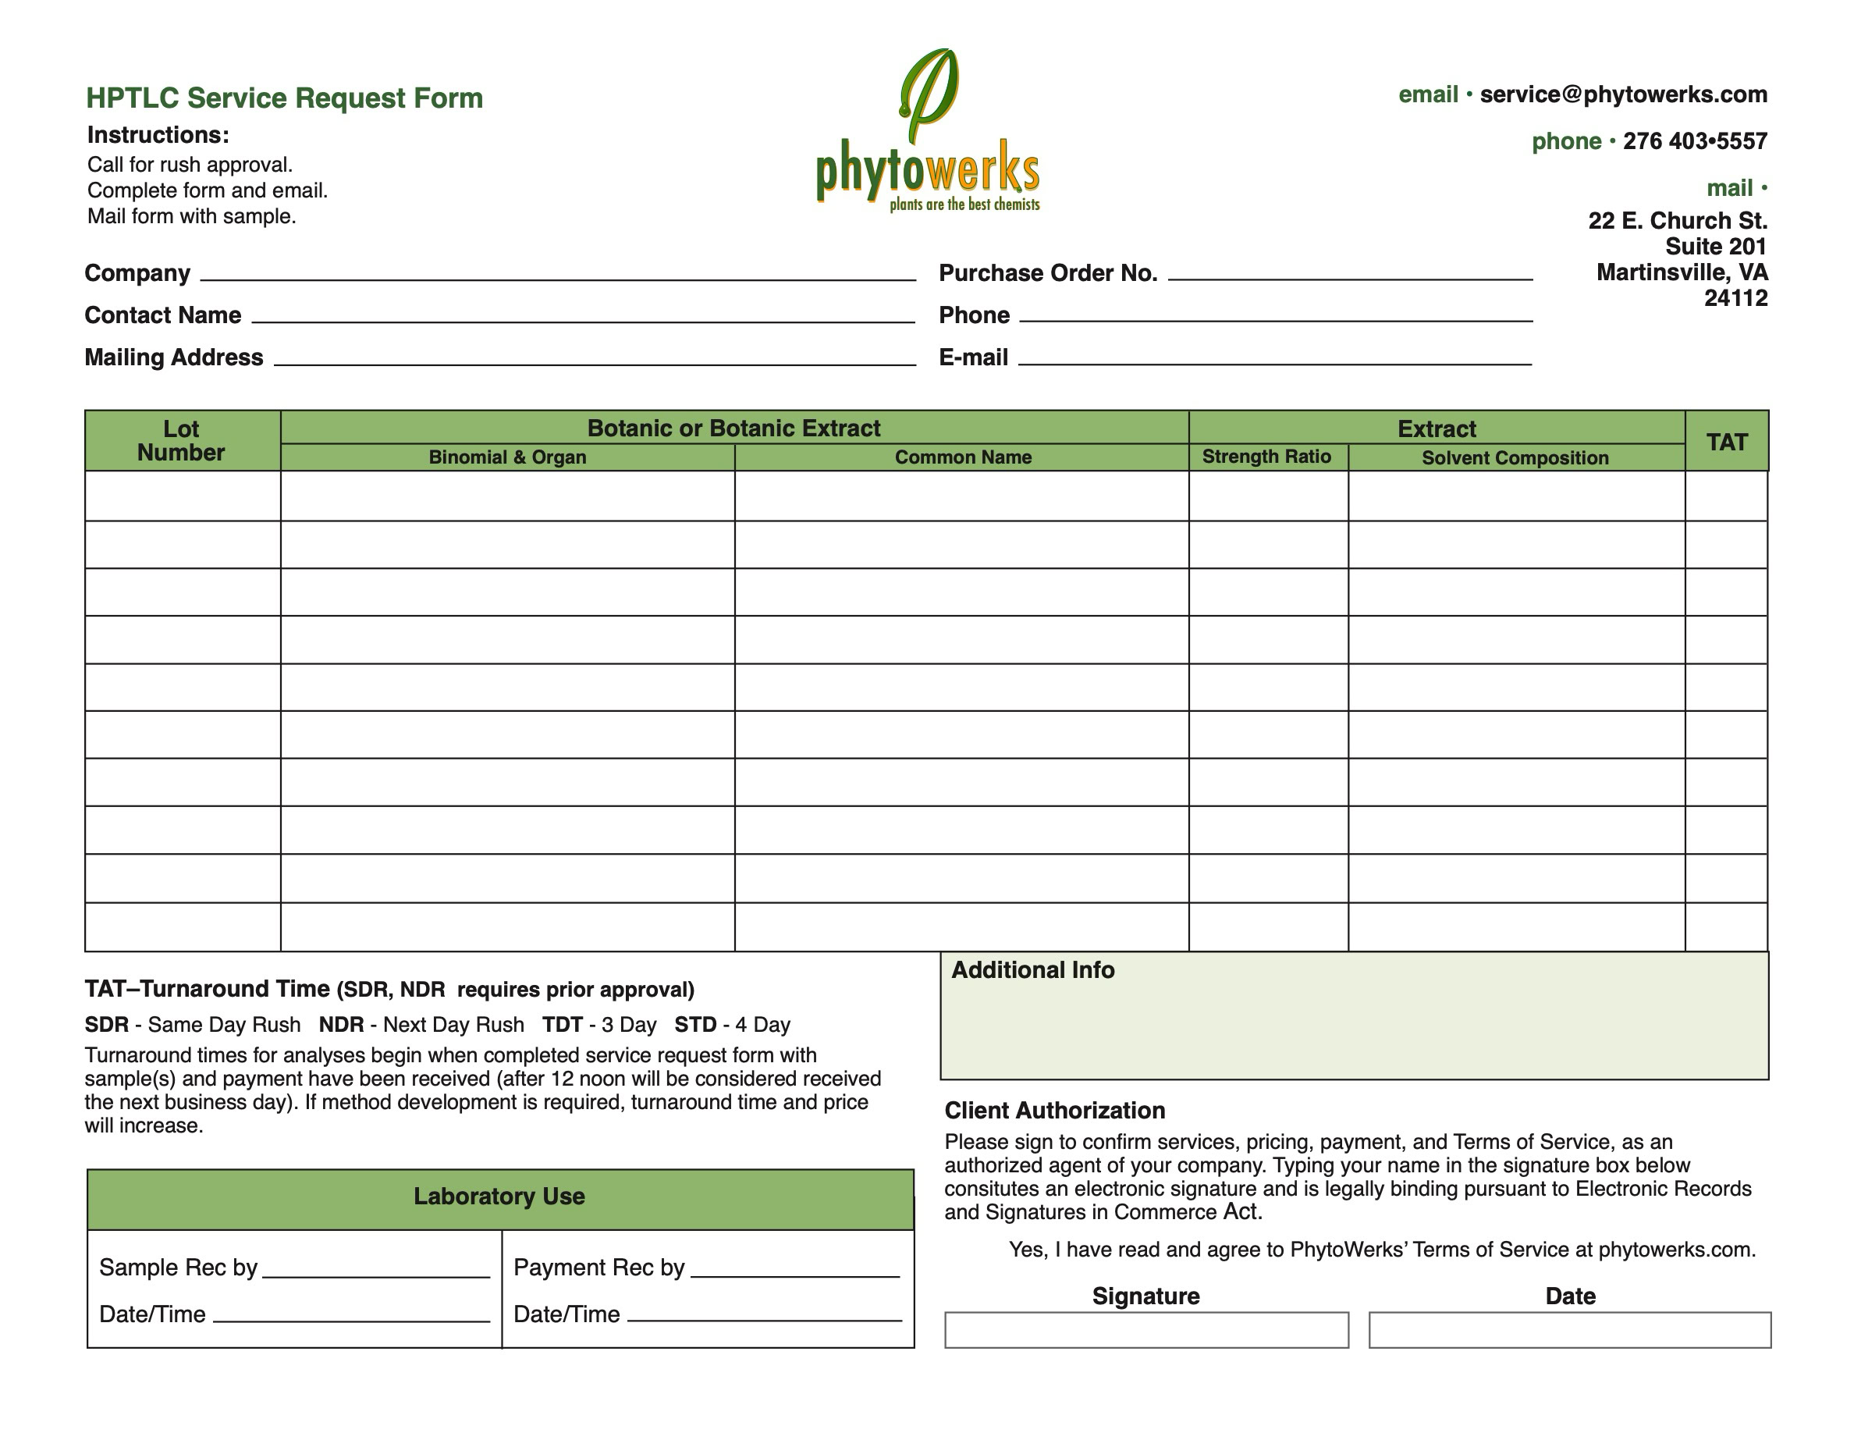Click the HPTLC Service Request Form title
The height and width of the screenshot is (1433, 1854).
point(284,98)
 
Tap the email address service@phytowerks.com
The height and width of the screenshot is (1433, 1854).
point(1623,94)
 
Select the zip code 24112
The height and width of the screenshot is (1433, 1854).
point(1735,298)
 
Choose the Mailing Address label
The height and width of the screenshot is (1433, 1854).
point(174,357)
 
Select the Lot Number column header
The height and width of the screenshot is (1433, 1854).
point(181,441)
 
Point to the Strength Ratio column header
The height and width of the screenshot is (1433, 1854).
point(1266,457)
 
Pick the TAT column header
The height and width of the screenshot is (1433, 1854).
point(1726,442)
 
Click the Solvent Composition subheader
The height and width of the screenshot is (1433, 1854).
point(1515,458)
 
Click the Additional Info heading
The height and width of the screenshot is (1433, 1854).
point(1032,970)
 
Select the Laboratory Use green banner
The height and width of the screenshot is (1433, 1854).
point(499,1197)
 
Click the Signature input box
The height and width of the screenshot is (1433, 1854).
point(1146,1329)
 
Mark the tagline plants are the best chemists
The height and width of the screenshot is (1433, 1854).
point(964,204)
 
